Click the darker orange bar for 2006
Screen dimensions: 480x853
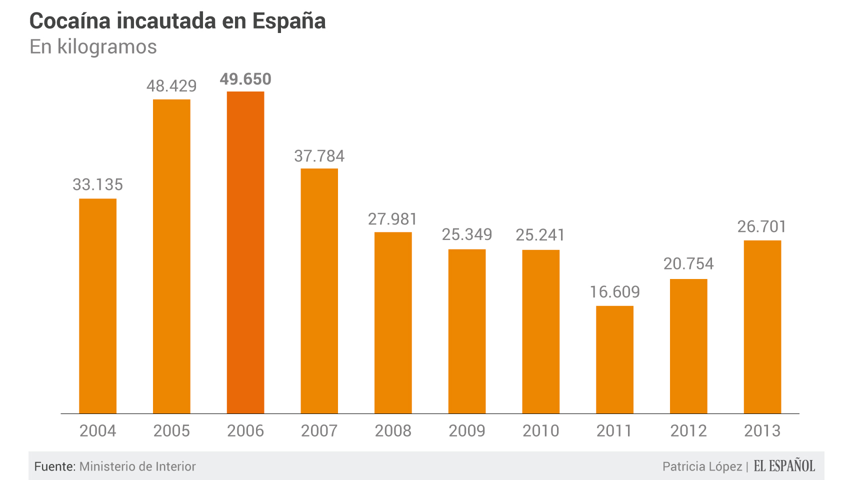point(245,252)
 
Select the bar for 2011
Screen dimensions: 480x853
point(614,359)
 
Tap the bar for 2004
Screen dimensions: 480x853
point(98,306)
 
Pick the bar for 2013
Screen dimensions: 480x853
point(762,327)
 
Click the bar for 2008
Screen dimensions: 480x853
point(393,322)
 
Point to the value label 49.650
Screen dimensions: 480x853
point(245,79)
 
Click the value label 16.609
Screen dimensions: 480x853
point(614,292)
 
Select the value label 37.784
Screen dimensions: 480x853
point(319,156)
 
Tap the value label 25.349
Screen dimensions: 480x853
point(467,234)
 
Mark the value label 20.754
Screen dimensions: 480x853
point(688,263)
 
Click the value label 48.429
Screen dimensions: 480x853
point(171,86)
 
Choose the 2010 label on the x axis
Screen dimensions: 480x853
point(540,430)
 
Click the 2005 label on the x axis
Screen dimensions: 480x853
point(171,430)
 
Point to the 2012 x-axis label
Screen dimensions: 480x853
point(688,430)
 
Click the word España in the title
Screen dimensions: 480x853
point(288,21)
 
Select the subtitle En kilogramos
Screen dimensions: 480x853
point(93,46)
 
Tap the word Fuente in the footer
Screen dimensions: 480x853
point(54,466)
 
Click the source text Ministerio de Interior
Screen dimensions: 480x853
point(137,466)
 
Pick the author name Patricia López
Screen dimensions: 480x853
point(702,466)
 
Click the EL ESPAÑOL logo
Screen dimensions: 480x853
point(784,466)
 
